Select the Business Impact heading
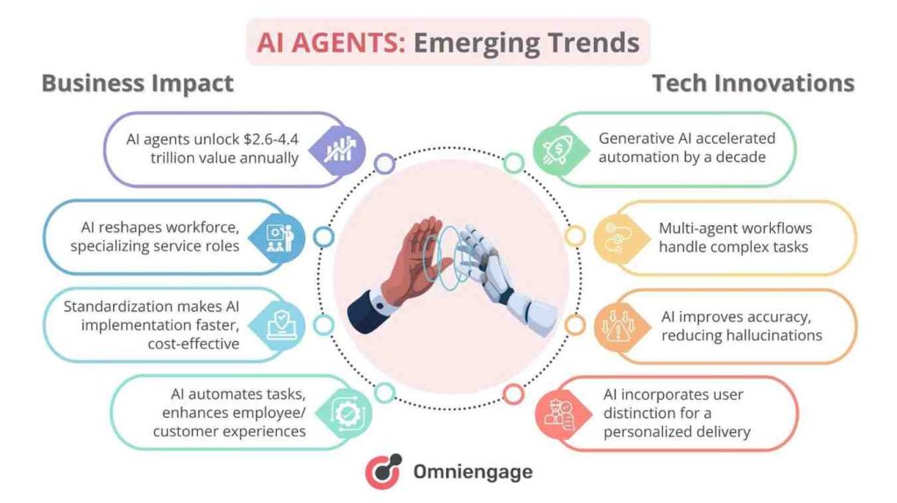[x=138, y=83]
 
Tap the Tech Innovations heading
[x=753, y=83]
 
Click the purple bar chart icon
[x=338, y=149]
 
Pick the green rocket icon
[x=558, y=149]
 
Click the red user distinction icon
[x=557, y=413]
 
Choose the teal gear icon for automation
[x=339, y=413]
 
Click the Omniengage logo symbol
[x=383, y=471]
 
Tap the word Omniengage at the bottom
[x=473, y=471]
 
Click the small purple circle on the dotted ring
[x=384, y=163]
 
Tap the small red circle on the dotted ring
[x=515, y=393]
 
